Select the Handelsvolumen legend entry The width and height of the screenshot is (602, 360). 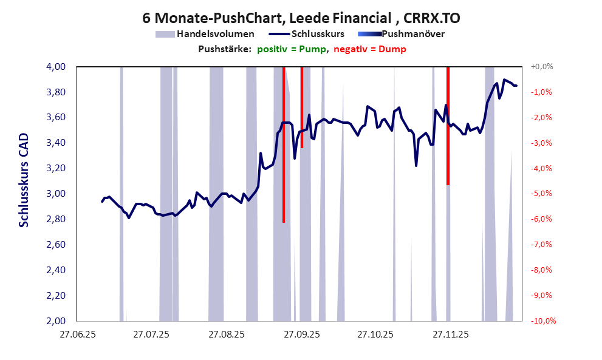[x=215, y=34]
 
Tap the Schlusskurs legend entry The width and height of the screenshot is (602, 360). [x=318, y=34]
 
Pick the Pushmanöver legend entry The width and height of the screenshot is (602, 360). [x=413, y=34]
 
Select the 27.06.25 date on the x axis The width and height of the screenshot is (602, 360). [x=77, y=334]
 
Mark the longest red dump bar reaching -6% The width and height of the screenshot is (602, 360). [x=284, y=146]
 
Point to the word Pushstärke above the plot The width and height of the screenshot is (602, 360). [x=225, y=49]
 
